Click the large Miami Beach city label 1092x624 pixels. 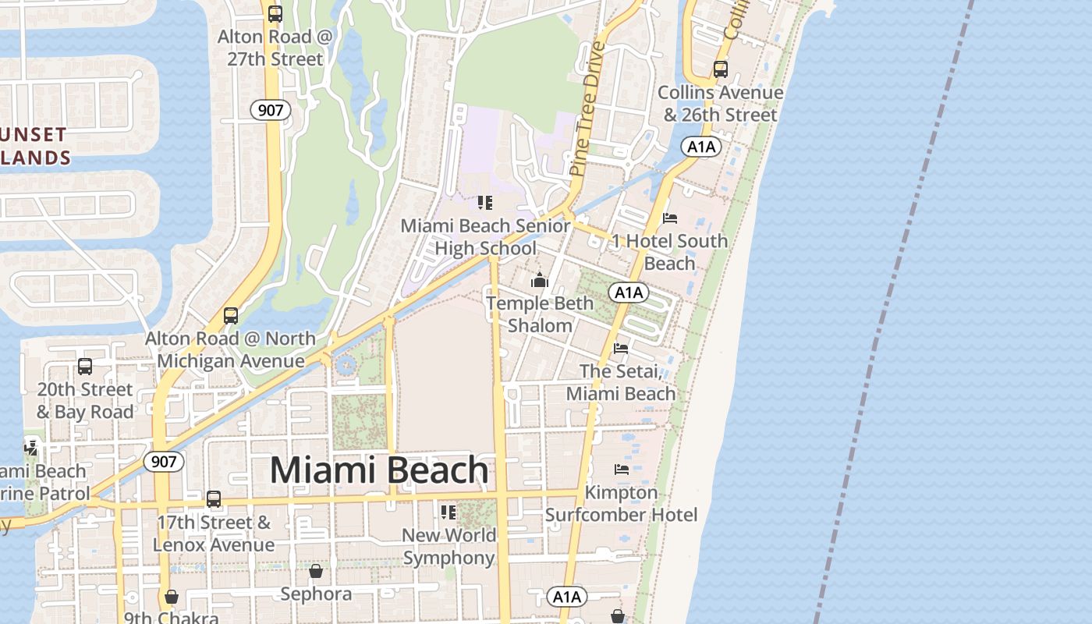click(379, 470)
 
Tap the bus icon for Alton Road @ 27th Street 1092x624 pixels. click(275, 14)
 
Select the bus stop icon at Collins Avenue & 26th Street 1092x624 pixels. click(720, 69)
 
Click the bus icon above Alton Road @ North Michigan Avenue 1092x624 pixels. click(230, 316)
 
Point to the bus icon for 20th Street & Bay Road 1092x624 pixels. click(85, 367)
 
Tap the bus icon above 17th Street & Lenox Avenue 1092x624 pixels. click(213, 499)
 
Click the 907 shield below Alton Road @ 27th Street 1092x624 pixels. click(271, 110)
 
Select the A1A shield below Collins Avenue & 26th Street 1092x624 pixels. click(700, 147)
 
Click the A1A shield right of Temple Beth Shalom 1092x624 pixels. click(629, 292)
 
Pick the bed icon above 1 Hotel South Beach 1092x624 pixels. click(669, 218)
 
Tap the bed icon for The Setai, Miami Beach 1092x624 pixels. click(621, 348)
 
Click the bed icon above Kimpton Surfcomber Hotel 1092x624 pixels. click(622, 469)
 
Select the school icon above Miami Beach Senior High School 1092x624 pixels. click(485, 204)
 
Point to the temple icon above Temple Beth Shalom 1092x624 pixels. click(540, 280)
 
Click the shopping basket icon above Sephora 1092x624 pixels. click(316, 572)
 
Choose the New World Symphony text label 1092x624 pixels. click(449, 546)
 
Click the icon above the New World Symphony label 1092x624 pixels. click(448, 512)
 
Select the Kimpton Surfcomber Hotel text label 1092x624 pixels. click(622, 504)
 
